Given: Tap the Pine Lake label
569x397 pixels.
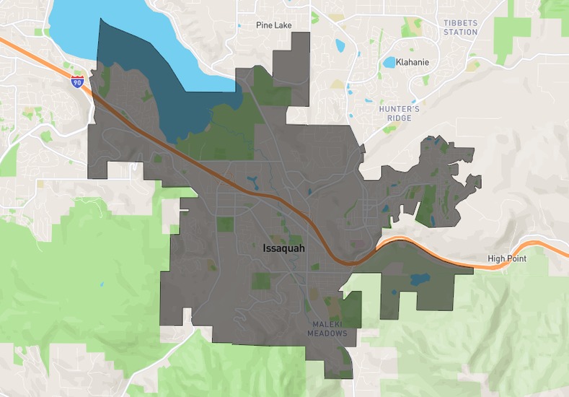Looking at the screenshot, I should click(x=273, y=25).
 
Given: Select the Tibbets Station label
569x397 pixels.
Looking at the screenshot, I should click(x=461, y=27).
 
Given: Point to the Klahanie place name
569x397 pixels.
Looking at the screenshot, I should click(x=413, y=62).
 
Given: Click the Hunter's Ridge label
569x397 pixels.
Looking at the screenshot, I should click(x=398, y=113).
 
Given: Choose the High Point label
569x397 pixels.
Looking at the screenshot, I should click(x=507, y=258).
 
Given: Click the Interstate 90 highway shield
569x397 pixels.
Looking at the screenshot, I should click(x=77, y=82).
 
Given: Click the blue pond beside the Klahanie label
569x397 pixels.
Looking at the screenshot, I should click(x=389, y=62).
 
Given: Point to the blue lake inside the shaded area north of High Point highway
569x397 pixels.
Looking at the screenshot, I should click(x=418, y=279).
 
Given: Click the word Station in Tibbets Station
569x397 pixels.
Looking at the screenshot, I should click(x=461, y=32).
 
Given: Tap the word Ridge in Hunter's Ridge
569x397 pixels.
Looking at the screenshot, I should click(x=398, y=118).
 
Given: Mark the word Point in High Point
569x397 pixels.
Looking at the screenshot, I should click(x=516, y=258).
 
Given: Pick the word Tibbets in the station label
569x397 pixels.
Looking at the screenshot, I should click(x=461, y=23).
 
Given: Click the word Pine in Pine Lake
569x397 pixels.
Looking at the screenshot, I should click(x=264, y=25).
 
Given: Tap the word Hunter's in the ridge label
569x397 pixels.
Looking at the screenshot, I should click(x=398, y=109).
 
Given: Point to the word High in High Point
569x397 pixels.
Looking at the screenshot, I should click(x=496, y=258).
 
